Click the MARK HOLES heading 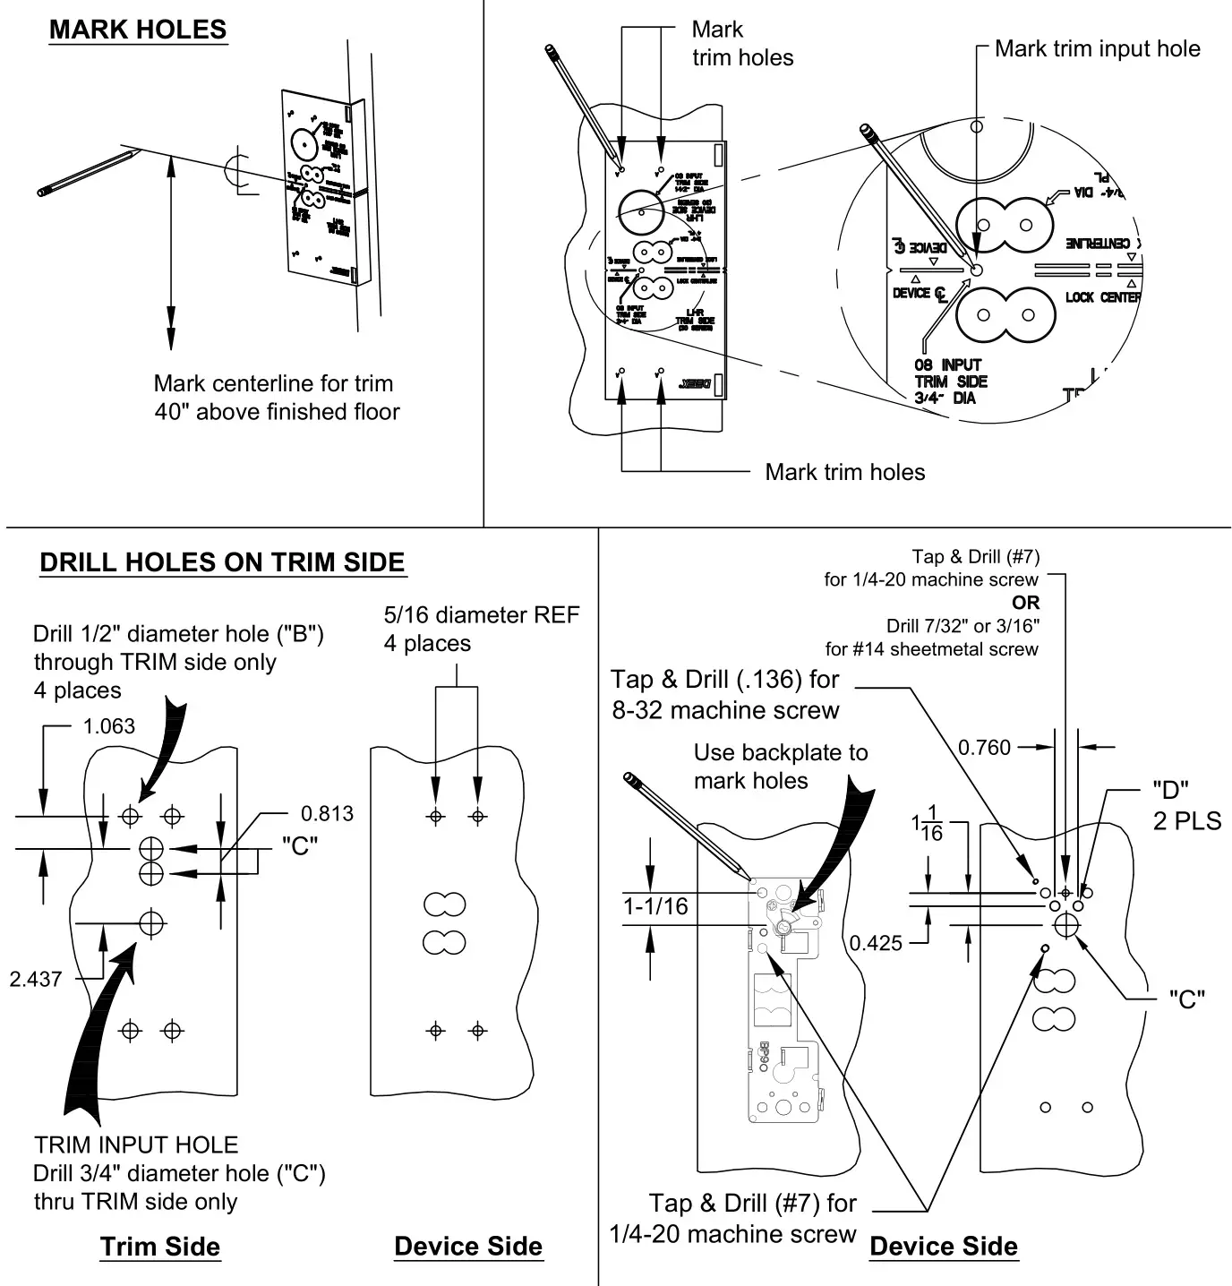click(137, 30)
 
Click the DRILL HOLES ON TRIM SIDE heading click(223, 562)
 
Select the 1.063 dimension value click(109, 726)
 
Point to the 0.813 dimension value click(327, 814)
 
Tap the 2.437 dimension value click(36, 979)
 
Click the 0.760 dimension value click(984, 747)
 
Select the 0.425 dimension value click(877, 943)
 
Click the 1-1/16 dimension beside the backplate click(656, 906)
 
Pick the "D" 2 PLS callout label click(1186, 805)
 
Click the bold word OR click(1026, 603)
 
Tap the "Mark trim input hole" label click(1097, 49)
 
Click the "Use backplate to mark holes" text click(781, 767)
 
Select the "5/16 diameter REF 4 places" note click(482, 629)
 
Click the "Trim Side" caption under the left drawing click(160, 1247)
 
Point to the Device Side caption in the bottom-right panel click(944, 1247)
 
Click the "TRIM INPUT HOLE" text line click(136, 1145)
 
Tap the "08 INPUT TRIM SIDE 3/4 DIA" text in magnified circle click(950, 382)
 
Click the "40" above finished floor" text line click(277, 412)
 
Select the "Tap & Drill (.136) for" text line click(725, 680)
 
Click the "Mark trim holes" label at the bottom click(844, 472)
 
